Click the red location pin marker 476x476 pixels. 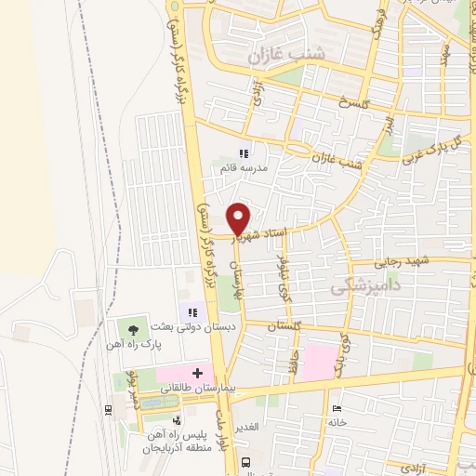(239, 217)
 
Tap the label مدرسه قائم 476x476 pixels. (243, 168)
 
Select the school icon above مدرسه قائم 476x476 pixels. (244, 153)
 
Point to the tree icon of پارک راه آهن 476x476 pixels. (136, 328)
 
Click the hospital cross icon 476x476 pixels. (197, 373)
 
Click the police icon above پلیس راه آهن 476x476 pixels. (177, 420)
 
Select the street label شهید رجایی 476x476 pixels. (403, 263)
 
